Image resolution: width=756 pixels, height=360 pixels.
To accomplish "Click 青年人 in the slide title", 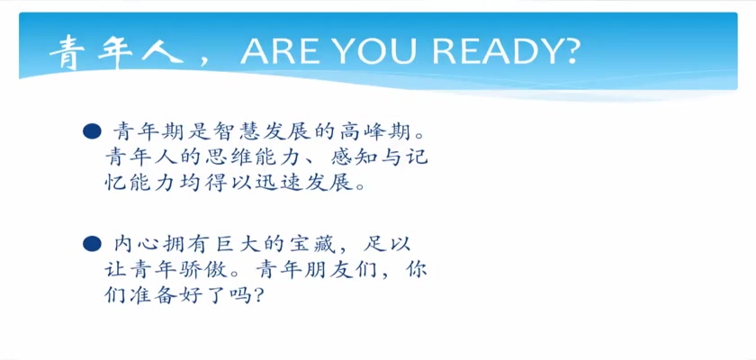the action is click(116, 52).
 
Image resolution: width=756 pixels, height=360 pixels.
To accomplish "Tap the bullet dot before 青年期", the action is click(92, 131).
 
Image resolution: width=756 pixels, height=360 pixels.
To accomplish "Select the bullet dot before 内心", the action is click(92, 244).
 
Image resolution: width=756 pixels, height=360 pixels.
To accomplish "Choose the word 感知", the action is click(355, 157).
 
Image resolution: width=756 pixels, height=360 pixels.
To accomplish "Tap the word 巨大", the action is click(238, 244).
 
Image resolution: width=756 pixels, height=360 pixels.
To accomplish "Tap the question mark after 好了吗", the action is click(259, 296).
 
